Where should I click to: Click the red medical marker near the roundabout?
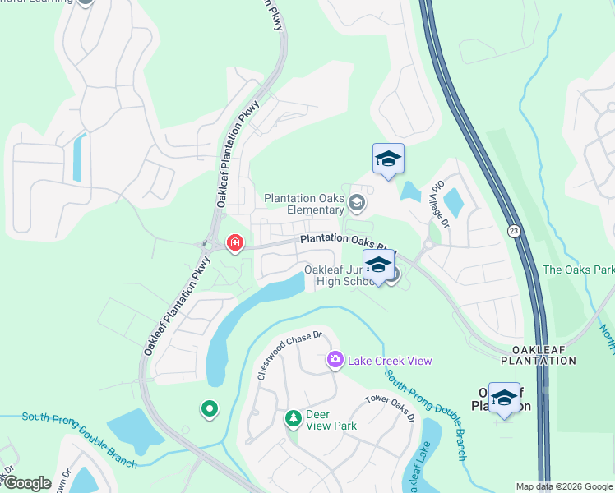235,243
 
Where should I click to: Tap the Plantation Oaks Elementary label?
303,204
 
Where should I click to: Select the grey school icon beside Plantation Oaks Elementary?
357,202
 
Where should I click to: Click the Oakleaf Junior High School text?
339,275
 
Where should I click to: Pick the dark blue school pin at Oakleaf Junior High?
377,266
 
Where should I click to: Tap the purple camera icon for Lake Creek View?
335,360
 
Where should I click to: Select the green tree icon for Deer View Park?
293,419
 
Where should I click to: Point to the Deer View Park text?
331,419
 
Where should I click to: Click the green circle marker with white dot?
210,408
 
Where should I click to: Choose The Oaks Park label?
578,270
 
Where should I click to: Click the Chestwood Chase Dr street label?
286,353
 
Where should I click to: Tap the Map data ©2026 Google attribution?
563,486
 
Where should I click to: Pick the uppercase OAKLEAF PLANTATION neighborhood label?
539,355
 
